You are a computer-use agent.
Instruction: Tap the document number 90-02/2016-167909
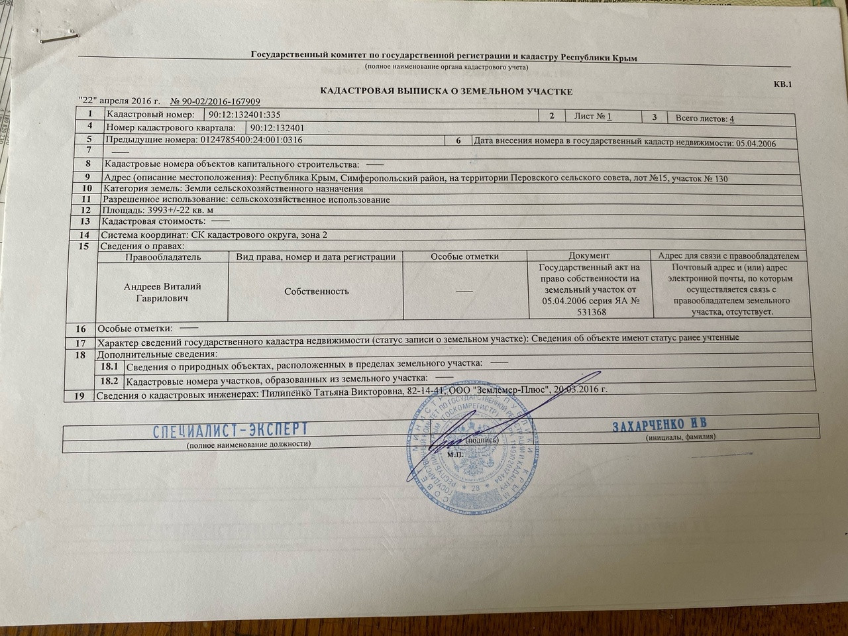click(x=215, y=101)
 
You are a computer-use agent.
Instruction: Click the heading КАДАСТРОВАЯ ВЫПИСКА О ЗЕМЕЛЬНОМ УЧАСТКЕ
click(x=446, y=91)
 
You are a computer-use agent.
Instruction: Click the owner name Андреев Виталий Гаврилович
click(x=162, y=292)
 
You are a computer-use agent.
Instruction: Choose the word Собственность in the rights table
click(x=316, y=291)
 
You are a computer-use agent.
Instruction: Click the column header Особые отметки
click(x=464, y=256)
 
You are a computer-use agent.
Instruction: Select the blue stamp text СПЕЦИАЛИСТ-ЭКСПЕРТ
click(x=231, y=430)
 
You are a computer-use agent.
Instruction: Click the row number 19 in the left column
click(x=79, y=396)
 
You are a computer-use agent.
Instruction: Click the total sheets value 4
click(x=731, y=119)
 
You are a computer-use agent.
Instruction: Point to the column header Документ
click(x=588, y=256)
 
